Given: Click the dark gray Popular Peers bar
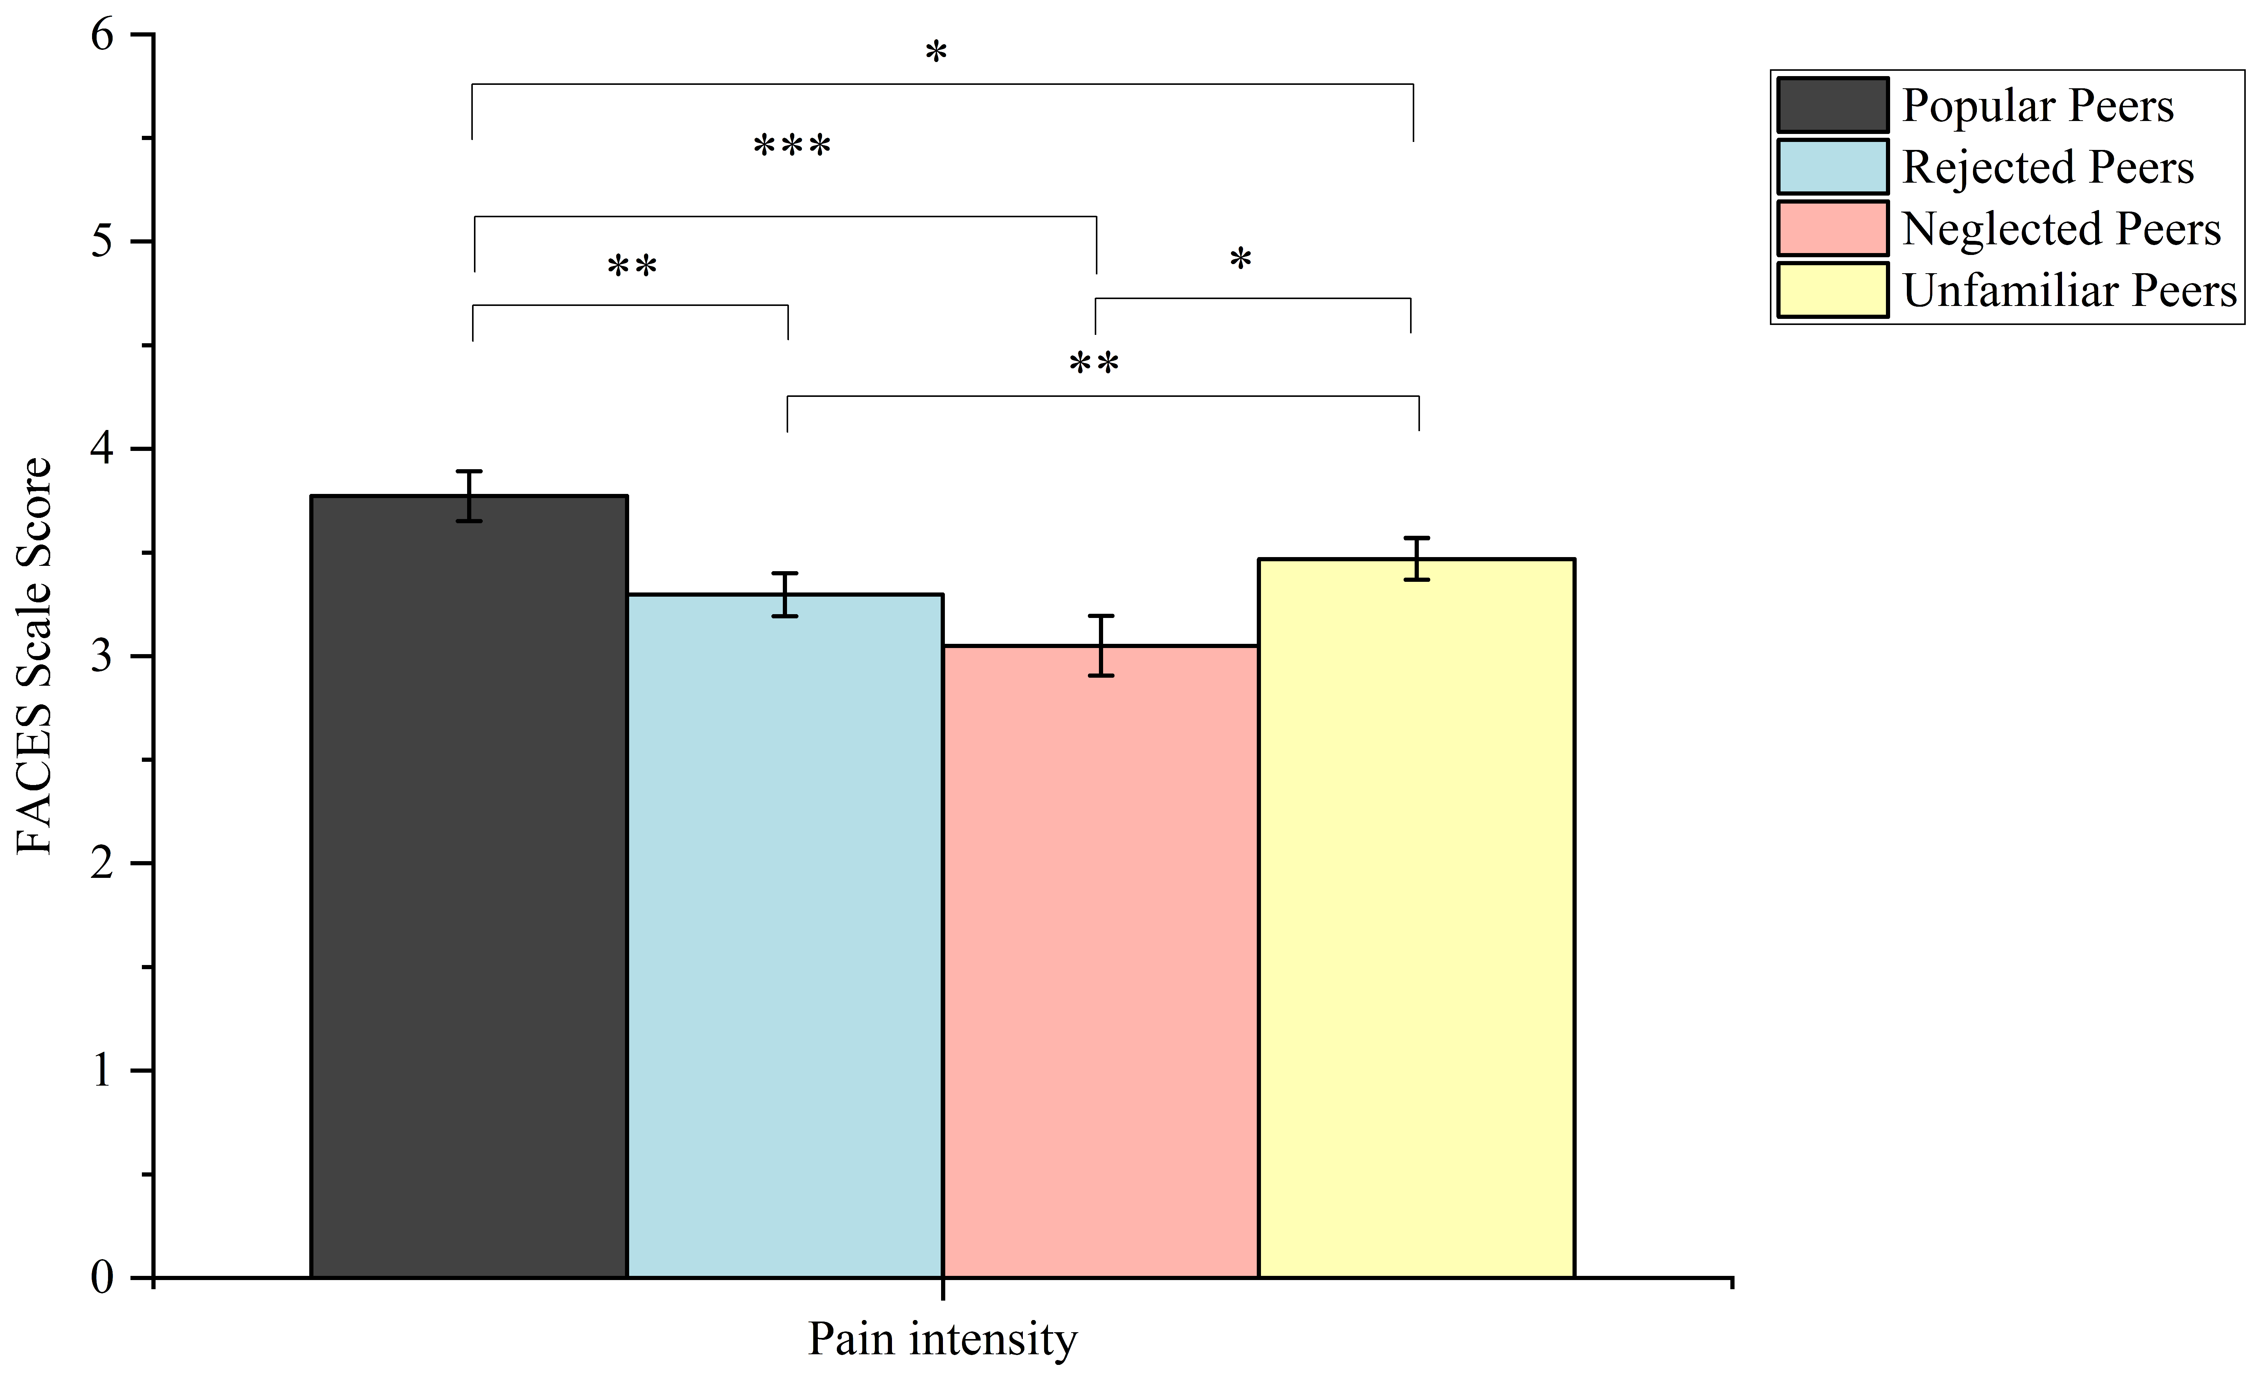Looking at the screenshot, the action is tap(469, 887).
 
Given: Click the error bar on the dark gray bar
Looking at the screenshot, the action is tap(469, 497).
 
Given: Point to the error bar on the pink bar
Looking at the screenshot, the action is tap(1101, 646).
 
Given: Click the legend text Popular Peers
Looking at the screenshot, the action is tap(2037, 106).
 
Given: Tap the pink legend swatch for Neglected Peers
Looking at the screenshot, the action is tap(1832, 229).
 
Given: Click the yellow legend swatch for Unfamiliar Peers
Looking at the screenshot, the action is tap(1832, 290).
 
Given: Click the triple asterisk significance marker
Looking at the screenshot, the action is tap(792, 146).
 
